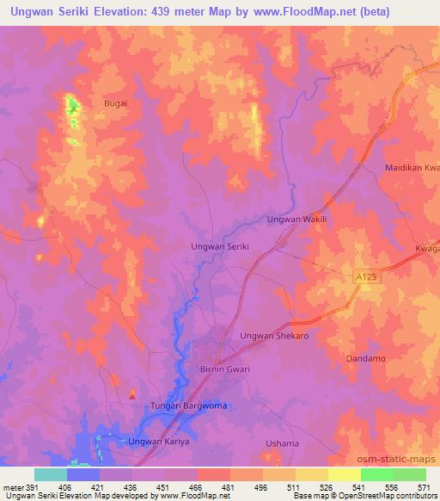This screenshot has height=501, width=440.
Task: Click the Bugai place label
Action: (115, 102)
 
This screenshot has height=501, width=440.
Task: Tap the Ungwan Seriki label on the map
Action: (219, 246)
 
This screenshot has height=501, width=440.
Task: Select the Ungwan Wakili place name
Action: (298, 220)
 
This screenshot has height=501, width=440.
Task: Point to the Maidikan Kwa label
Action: (412, 167)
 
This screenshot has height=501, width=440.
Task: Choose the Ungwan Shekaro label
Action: (274, 336)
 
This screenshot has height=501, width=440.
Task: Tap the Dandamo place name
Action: (366, 357)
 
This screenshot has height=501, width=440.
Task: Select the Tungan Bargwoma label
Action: (189, 405)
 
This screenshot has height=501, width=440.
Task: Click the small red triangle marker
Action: (131, 395)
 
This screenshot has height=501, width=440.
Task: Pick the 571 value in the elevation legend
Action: (425, 486)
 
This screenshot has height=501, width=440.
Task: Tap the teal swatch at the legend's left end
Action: (50, 474)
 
